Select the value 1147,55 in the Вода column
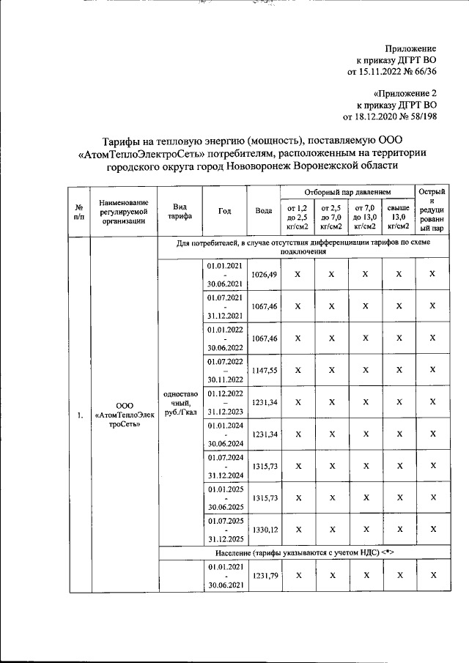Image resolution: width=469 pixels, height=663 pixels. point(264,371)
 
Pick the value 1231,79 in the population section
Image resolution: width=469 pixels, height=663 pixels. point(264,576)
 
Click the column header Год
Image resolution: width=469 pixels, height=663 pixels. point(225,211)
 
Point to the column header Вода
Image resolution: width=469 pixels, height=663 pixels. point(264,211)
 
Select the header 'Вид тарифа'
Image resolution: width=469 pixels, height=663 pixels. point(179,211)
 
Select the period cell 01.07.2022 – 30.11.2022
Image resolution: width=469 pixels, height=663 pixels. point(225,371)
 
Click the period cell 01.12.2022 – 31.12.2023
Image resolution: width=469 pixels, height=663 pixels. point(225,402)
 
